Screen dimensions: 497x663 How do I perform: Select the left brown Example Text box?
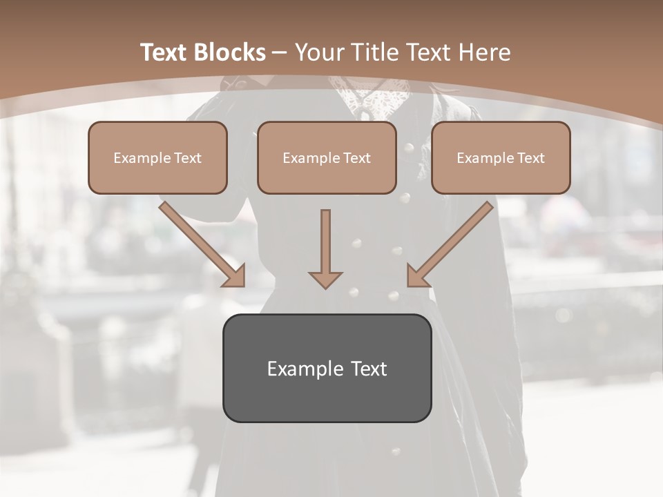[x=157, y=158]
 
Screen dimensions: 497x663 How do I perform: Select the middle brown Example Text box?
[x=327, y=158]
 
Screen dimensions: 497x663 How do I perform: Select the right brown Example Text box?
[x=501, y=158]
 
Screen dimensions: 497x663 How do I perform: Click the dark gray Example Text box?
[x=327, y=369]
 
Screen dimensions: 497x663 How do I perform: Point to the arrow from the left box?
[x=200, y=242]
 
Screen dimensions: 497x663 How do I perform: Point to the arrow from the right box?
[x=452, y=242]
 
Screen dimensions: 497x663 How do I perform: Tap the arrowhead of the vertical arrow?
[x=325, y=279]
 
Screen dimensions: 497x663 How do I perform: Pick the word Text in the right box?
[x=530, y=158]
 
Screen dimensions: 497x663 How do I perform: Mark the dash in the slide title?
[x=280, y=53]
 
